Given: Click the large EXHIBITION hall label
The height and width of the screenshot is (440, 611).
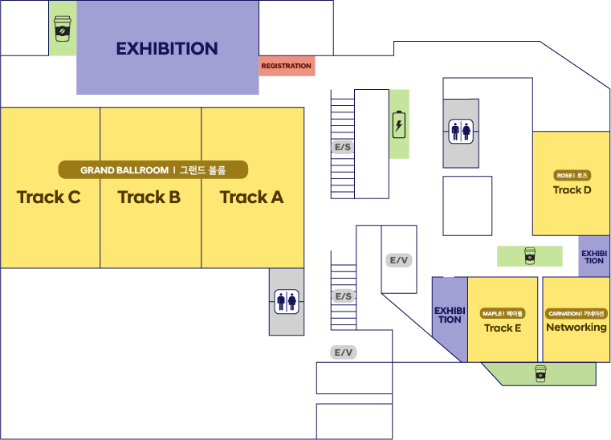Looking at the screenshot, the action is click(x=167, y=49).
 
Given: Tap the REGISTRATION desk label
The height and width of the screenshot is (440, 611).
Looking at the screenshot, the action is click(x=287, y=66).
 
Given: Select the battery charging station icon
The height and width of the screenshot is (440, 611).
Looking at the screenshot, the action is click(x=398, y=124).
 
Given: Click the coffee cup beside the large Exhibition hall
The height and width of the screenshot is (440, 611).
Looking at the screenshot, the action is click(x=63, y=28).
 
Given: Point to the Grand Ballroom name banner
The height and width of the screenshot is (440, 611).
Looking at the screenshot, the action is click(x=153, y=170).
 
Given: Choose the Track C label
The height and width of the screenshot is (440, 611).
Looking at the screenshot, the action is click(x=49, y=198).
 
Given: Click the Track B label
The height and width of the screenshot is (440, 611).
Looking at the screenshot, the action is click(x=149, y=198).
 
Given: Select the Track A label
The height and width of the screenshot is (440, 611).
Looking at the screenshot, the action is click(x=252, y=198).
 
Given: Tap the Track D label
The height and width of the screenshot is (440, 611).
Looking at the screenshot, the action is click(x=572, y=190).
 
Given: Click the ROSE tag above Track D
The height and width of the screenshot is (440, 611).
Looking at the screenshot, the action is click(x=572, y=176).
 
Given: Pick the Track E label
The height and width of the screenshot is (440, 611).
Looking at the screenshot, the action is click(x=503, y=328).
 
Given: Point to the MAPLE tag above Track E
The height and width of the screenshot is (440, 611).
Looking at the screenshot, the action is click(x=503, y=314).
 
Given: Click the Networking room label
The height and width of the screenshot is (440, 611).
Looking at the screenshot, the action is click(x=576, y=328).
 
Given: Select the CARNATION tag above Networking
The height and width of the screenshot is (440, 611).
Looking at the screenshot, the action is click(x=576, y=314).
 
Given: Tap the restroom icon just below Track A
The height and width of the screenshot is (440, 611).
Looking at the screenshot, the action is click(x=287, y=302).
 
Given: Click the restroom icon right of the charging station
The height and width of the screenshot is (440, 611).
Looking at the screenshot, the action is click(x=461, y=132).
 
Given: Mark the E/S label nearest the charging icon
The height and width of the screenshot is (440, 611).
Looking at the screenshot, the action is click(x=343, y=147).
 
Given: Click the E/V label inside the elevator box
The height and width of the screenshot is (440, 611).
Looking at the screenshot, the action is click(x=398, y=260).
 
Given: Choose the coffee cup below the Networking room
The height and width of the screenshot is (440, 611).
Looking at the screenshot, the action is click(x=540, y=373).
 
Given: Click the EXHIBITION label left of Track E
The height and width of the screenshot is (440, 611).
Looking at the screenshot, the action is click(x=450, y=315).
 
